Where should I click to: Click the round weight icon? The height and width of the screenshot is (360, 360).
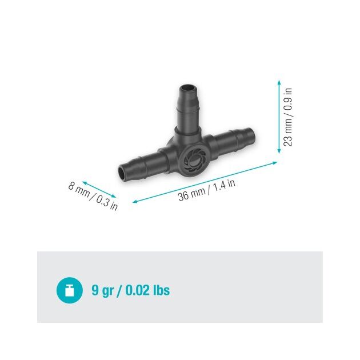point(70,290)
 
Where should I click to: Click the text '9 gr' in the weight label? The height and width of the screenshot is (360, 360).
point(103,291)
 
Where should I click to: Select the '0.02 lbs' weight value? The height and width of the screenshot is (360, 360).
point(147,290)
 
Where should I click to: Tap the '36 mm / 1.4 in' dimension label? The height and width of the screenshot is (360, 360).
point(207,190)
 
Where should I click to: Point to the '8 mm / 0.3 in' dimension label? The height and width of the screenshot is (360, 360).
point(93,196)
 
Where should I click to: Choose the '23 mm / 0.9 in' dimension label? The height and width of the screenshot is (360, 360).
point(288,117)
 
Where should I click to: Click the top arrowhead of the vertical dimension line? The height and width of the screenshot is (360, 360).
point(279,82)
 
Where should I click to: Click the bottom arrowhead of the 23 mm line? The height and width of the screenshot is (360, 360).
point(279,151)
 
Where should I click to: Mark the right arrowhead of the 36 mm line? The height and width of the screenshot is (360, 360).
point(275,163)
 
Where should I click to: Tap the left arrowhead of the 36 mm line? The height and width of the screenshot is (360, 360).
point(135,202)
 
